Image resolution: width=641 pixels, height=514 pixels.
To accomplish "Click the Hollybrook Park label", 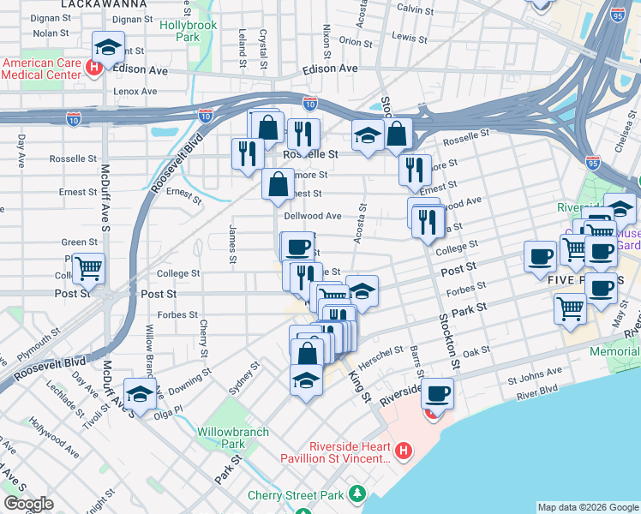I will (188, 32).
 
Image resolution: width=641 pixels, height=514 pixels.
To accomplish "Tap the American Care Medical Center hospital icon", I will (94, 65).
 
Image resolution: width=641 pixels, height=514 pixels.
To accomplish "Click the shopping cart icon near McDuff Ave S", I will (88, 268).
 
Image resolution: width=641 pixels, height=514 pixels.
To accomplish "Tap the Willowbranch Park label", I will (221, 438).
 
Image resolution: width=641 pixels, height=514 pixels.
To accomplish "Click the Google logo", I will (28, 504).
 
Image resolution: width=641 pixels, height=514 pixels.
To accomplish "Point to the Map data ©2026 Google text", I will (587, 507).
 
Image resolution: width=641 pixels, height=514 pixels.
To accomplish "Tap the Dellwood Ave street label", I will (314, 217).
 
